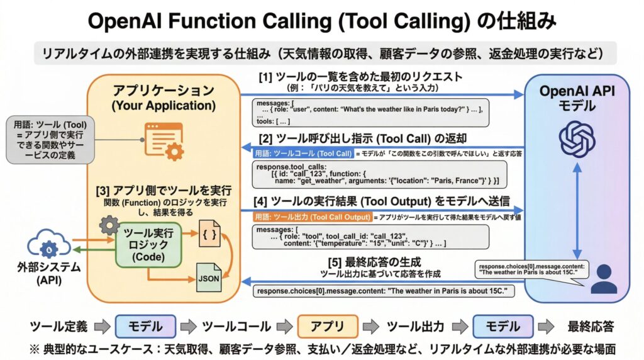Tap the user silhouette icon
[x=604, y=279]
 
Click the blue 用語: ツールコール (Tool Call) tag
[x=303, y=153]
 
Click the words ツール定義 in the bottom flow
[x=58, y=327]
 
